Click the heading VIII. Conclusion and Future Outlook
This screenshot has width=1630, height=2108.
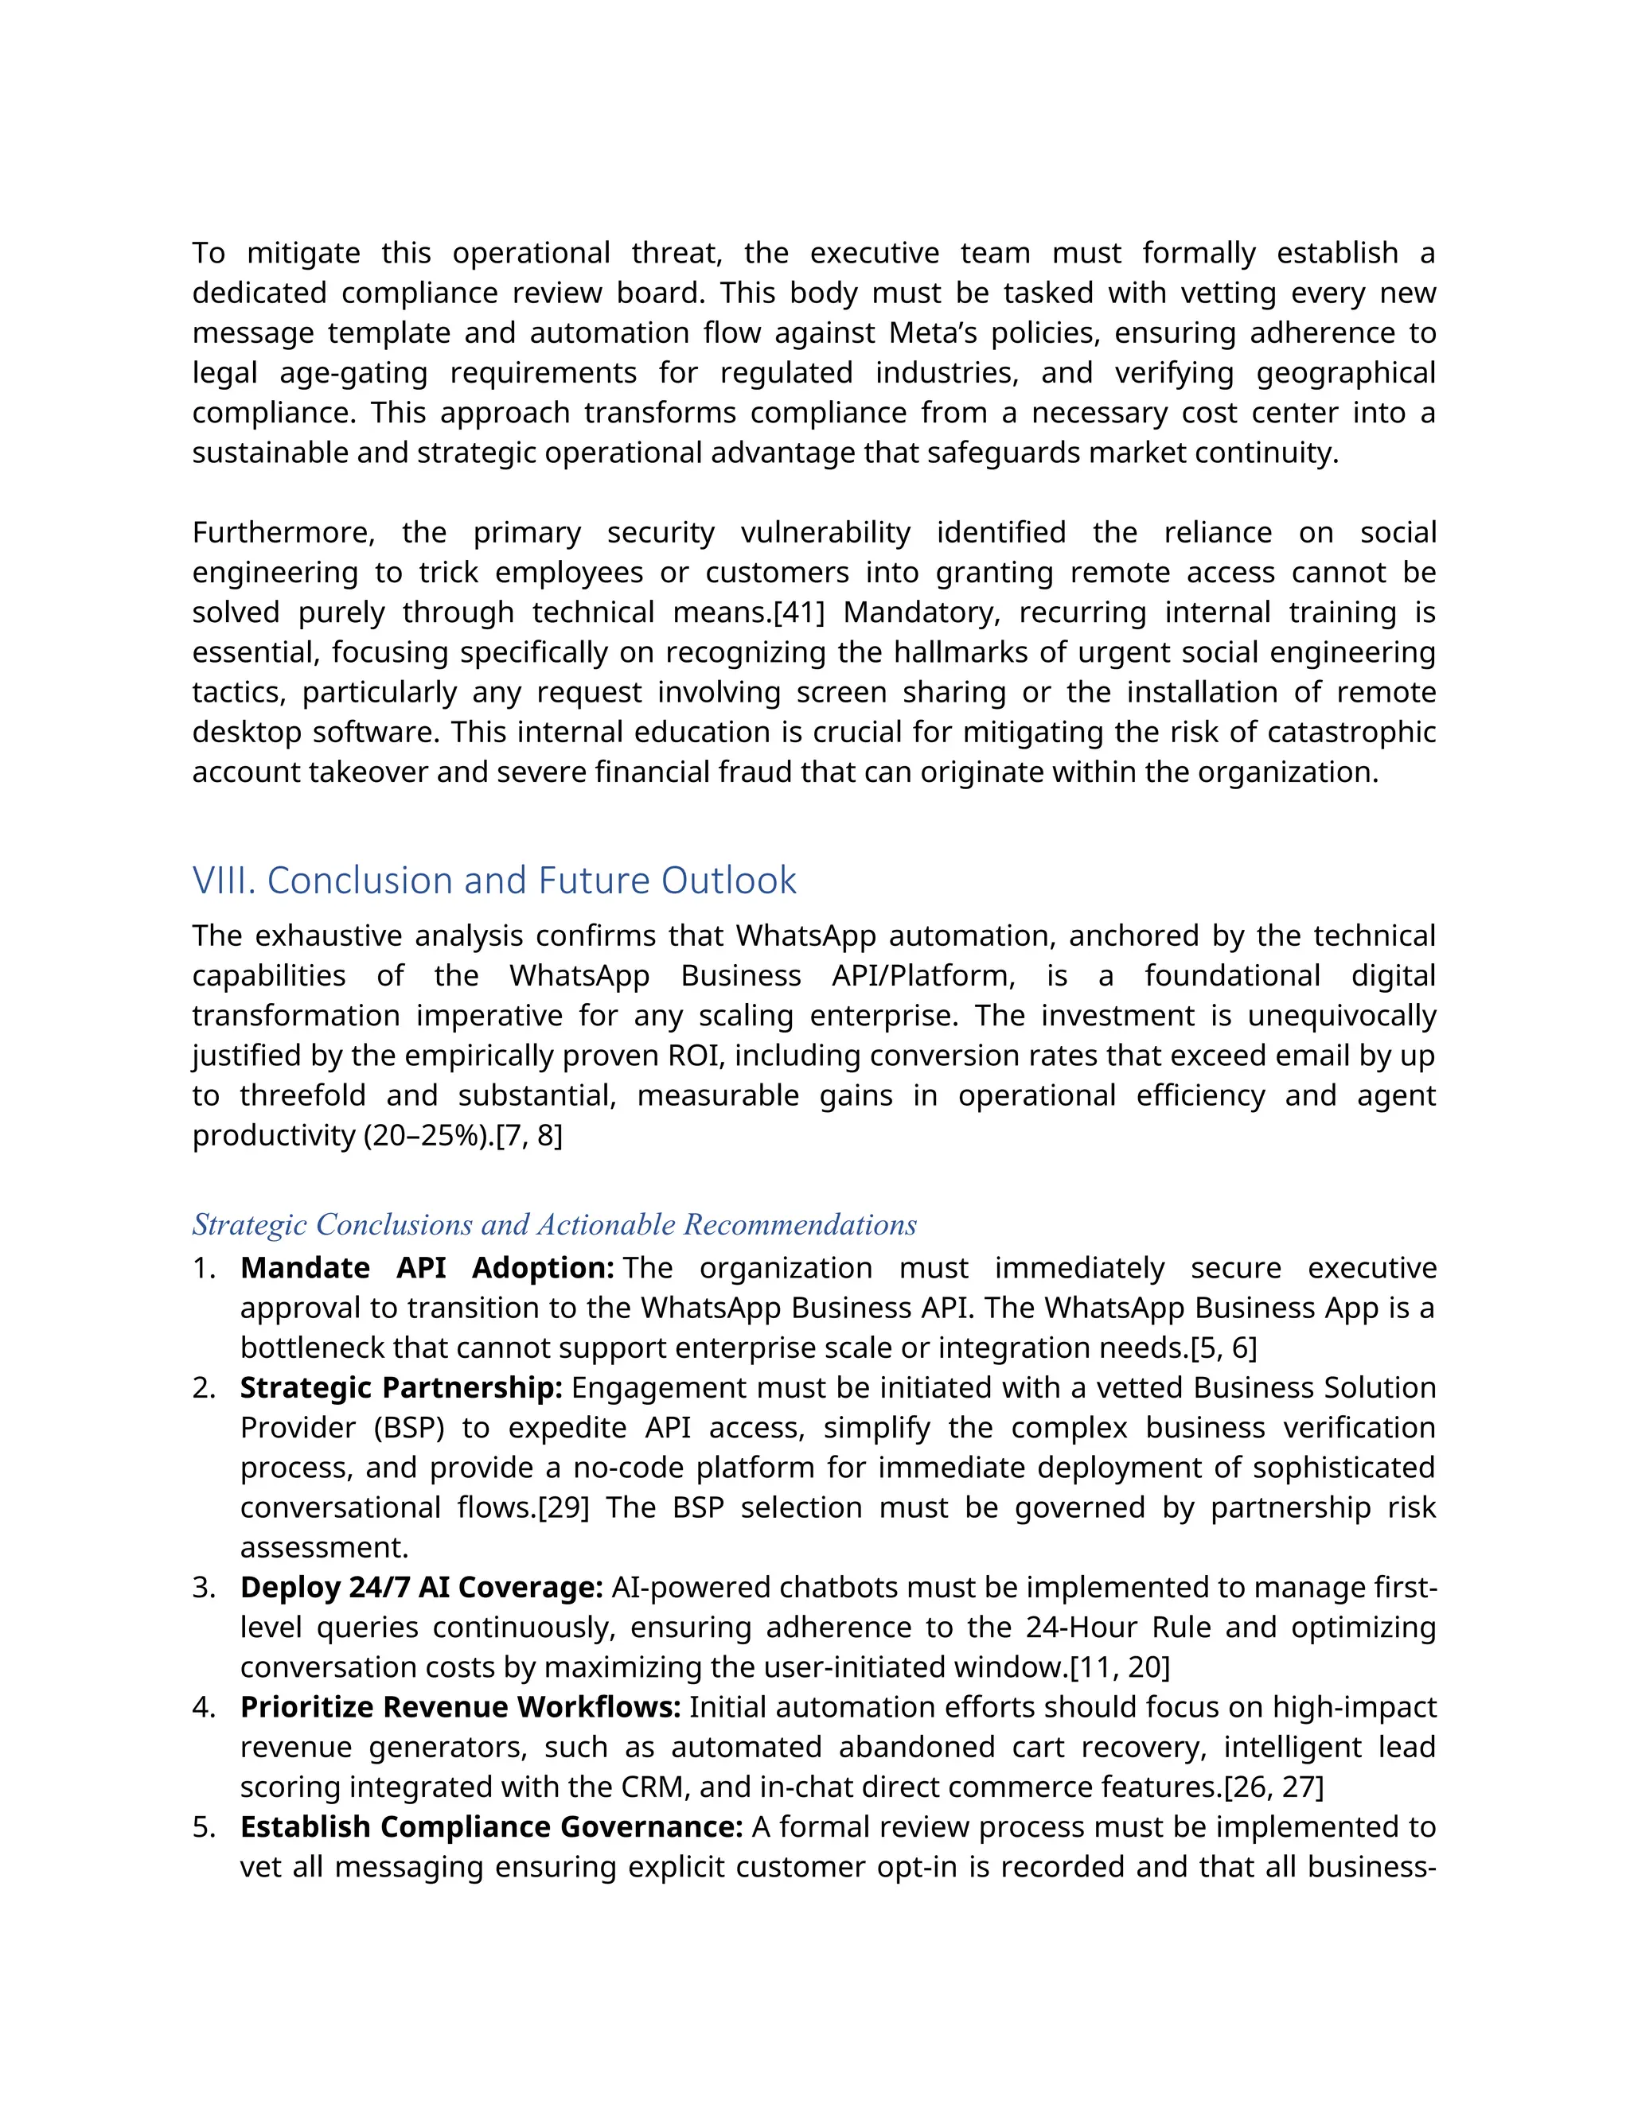tap(493, 881)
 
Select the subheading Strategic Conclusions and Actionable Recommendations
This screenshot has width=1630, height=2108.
tap(554, 1225)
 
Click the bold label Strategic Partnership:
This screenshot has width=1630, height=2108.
tap(401, 1388)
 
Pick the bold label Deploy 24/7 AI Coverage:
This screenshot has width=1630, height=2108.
tap(422, 1588)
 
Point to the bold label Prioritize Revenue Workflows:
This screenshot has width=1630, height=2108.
tap(461, 1707)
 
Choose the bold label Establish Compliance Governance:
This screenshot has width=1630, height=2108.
tap(490, 1827)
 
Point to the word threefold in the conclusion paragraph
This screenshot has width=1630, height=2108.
tap(302, 1096)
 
